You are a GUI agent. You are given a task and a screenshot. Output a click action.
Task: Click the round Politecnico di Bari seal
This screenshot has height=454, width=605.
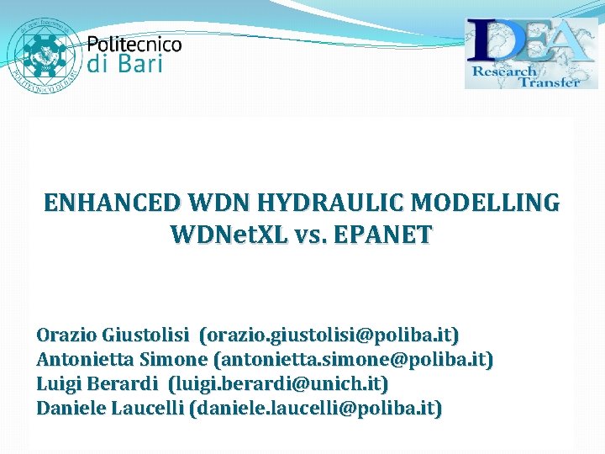(42, 51)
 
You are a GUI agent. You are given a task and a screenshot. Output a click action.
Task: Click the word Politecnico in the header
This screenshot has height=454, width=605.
(134, 44)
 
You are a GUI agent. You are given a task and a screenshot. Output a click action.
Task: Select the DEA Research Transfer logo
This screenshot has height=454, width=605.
(531, 53)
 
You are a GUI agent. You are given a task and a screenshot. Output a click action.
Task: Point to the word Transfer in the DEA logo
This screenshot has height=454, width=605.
(550, 81)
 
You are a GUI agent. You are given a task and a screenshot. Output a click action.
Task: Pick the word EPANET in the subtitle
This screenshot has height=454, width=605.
(383, 235)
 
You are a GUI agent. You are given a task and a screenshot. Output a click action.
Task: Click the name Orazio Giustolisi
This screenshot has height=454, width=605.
(113, 335)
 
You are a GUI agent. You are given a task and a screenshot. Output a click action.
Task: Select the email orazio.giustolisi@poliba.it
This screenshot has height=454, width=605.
(329, 335)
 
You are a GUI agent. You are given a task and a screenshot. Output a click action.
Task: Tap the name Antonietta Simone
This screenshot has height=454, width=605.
(121, 360)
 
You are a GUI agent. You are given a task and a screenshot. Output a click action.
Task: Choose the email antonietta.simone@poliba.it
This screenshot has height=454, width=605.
(354, 360)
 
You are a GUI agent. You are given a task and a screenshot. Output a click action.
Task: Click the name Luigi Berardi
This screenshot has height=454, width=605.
(97, 384)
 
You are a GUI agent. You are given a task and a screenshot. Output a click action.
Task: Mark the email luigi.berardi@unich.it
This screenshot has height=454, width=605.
(278, 384)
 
